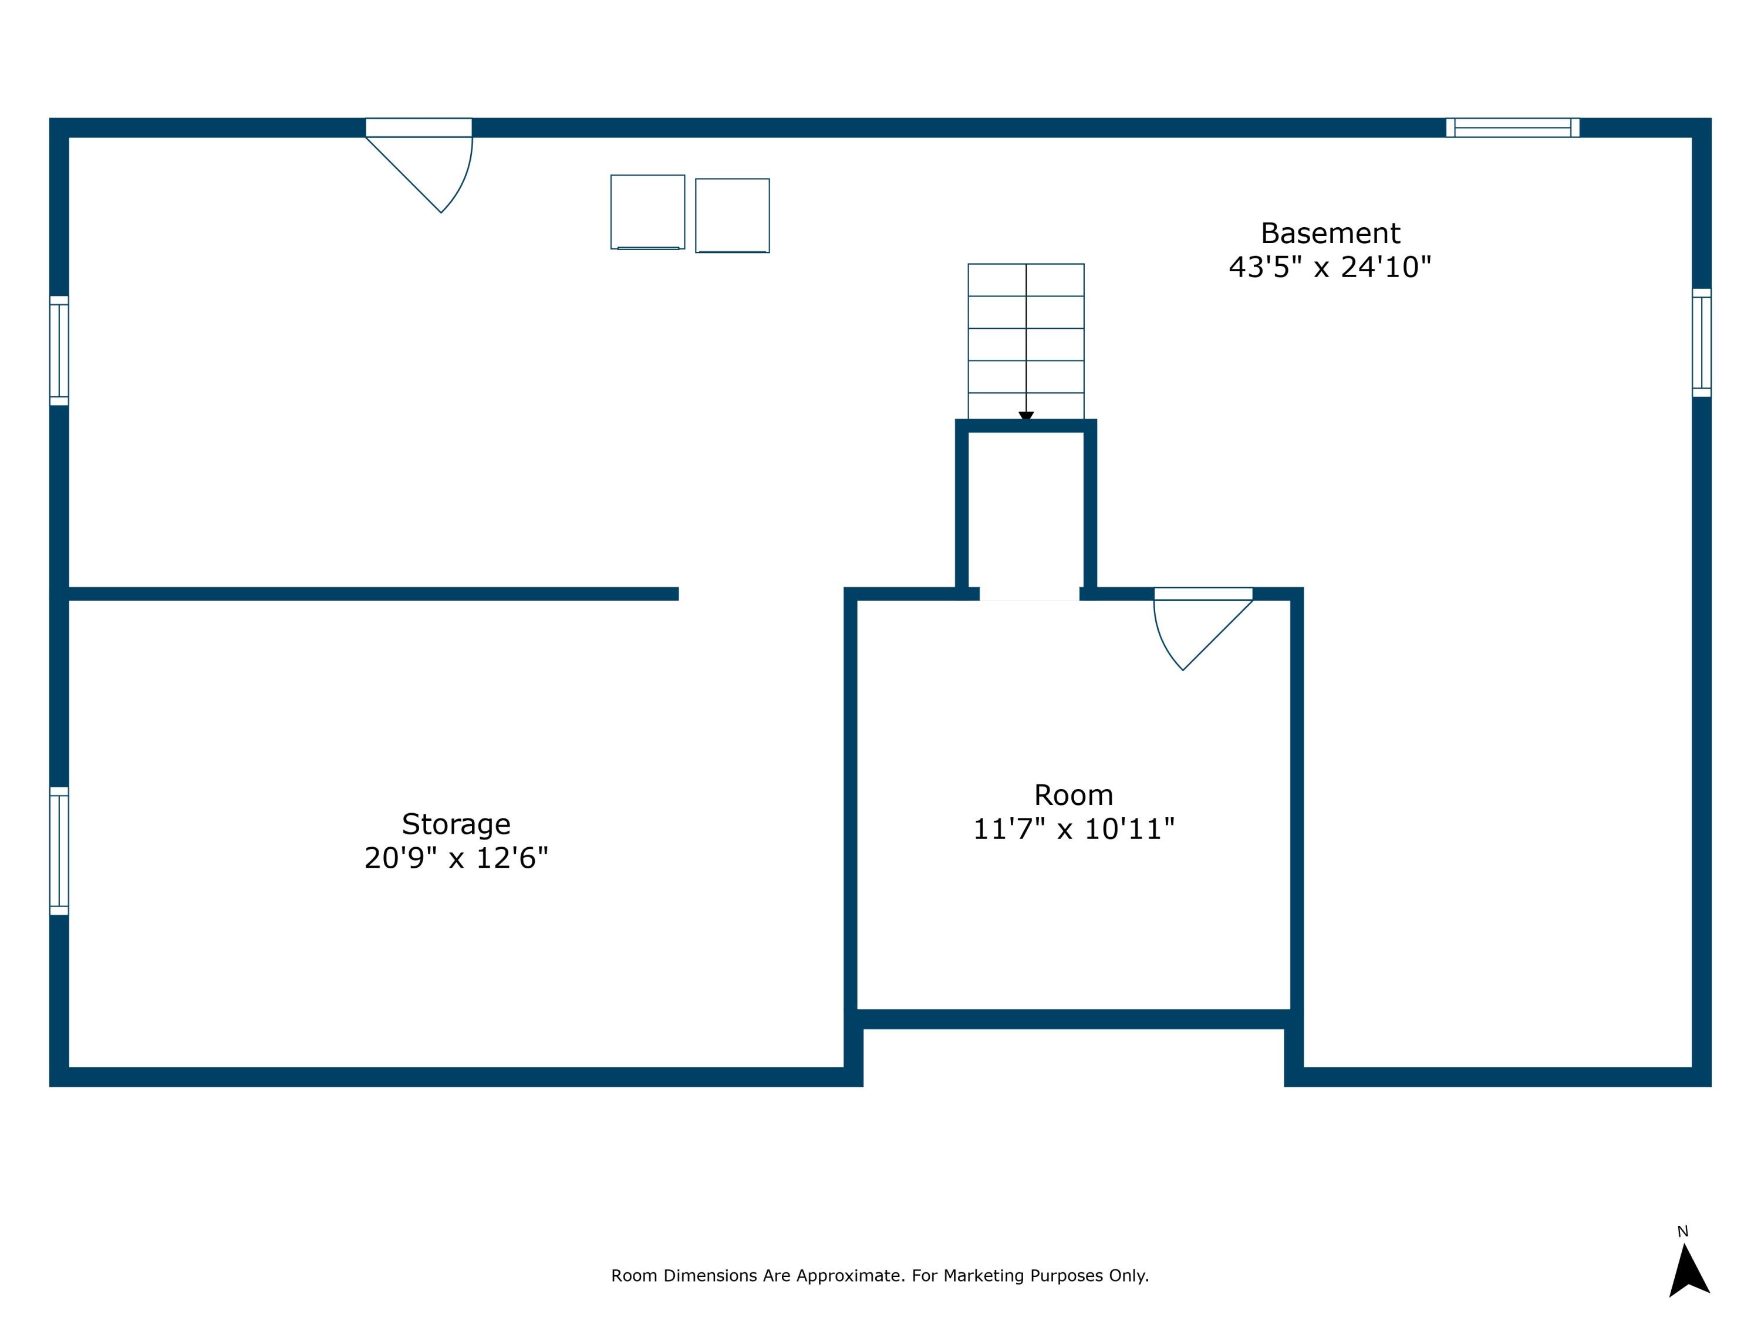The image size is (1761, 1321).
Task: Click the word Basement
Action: (1330, 233)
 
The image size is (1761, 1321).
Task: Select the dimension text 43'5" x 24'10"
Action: (1330, 268)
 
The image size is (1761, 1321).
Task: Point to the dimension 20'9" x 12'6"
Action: (456, 858)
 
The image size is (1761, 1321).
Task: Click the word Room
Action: (1073, 796)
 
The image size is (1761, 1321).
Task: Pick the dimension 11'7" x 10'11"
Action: (1073, 830)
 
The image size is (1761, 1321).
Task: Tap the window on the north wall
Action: (1513, 127)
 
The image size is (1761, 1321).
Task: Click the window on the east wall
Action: (1701, 342)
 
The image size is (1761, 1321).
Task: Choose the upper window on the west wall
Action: (59, 351)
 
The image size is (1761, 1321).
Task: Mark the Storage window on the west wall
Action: (59, 850)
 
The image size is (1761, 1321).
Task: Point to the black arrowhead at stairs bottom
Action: (1025, 416)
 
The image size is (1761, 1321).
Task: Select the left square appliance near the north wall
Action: (647, 212)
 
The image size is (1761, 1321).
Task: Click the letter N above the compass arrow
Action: (1682, 1232)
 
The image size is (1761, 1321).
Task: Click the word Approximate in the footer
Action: (849, 1276)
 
